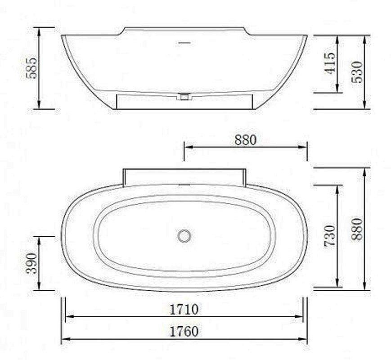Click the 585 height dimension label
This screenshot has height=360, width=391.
pos(31,67)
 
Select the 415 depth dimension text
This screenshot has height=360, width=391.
pos(329,63)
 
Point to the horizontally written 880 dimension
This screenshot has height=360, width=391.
pos(245,140)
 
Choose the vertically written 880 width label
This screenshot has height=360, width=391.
pos(356,229)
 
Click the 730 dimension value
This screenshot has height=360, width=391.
pos(330,235)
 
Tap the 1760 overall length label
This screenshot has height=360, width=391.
pos(184,332)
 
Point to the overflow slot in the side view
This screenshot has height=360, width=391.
pos(184,43)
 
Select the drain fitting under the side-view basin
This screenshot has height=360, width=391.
pos(184,96)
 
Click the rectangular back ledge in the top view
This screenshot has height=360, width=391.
pos(184,176)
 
